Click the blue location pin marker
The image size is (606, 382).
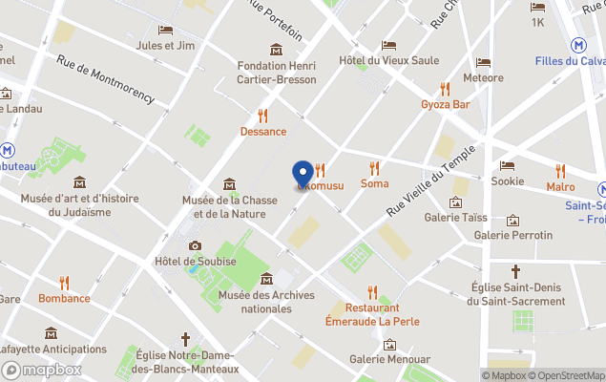(303, 174)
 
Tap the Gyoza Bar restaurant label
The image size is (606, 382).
(446, 104)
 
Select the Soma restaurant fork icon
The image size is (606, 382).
(374, 167)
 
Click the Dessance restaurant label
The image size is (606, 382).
(262, 131)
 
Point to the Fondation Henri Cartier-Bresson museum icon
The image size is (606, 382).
(276, 50)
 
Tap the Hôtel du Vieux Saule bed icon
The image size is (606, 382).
(388, 45)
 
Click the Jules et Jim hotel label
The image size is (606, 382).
(166, 45)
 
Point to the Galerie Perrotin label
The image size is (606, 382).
(512, 235)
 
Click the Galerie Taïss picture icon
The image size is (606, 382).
(456, 202)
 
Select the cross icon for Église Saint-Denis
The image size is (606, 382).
(516, 271)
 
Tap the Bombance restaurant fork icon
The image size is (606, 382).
(65, 283)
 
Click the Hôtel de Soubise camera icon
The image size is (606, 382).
(195, 245)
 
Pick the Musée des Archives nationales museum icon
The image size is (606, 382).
(266, 279)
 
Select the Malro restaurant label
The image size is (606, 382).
(560, 186)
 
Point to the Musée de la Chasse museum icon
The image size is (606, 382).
(229, 183)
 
